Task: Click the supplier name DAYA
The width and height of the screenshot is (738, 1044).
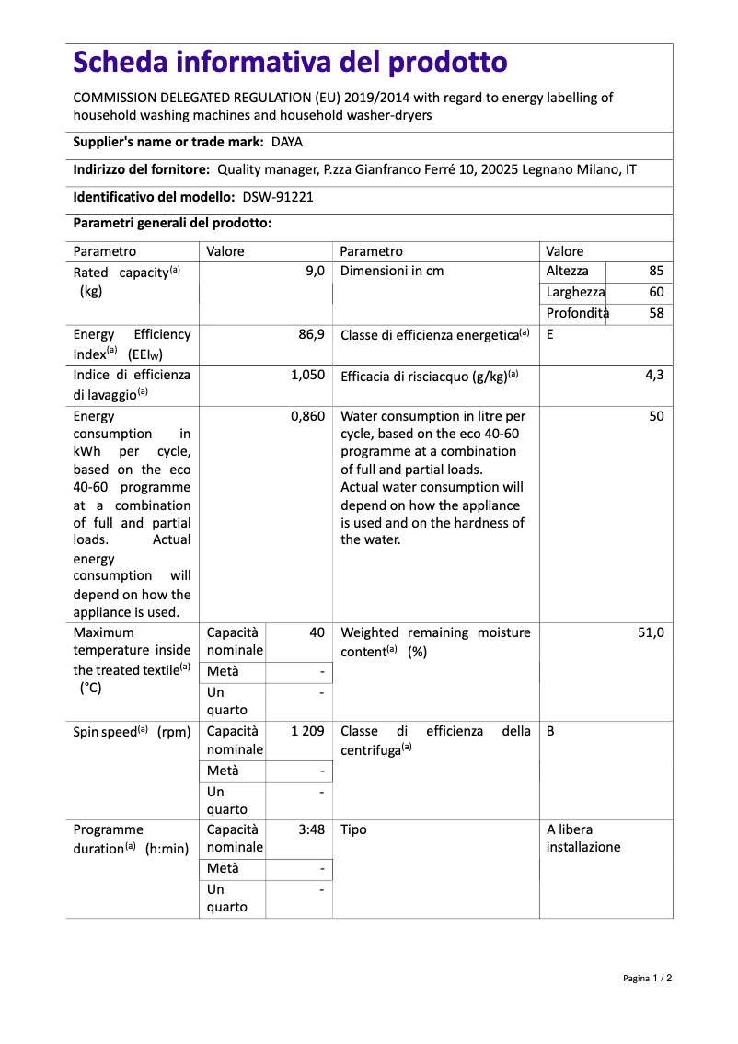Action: coord(287,142)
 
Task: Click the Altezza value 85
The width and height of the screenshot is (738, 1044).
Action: coord(655,272)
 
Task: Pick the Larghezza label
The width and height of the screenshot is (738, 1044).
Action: coord(575,292)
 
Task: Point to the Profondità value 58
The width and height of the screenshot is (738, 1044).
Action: coord(655,313)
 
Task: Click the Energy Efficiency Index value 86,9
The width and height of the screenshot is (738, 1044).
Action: coord(311,334)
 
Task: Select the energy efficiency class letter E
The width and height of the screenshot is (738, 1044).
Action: coord(550,334)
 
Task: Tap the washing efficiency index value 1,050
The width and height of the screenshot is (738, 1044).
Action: coord(307,375)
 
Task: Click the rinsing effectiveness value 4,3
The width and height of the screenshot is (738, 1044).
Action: coord(654,375)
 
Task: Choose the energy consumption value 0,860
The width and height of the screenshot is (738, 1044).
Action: coord(307,416)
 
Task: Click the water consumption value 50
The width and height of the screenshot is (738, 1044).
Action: coord(655,416)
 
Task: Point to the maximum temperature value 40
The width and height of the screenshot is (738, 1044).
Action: coord(317,632)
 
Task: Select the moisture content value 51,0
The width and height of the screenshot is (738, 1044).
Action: coord(650,632)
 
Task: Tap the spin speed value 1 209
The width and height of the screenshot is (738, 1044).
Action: coord(307,731)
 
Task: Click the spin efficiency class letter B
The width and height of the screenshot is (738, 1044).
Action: coord(550,731)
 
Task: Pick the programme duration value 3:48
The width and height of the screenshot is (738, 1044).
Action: coord(311,829)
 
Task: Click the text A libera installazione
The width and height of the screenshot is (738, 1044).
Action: coord(583,838)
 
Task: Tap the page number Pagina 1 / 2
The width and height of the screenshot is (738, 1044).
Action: coord(647,978)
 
